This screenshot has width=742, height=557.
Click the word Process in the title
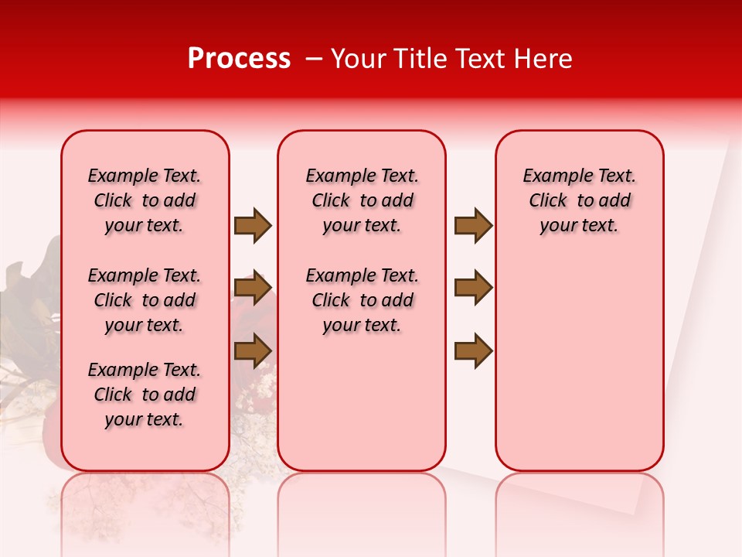(x=239, y=59)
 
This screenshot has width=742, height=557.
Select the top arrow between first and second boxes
(x=253, y=225)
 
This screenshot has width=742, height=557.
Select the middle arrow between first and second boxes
(x=253, y=288)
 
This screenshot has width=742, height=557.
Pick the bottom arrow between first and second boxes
(x=253, y=350)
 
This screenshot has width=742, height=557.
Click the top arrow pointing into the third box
(x=473, y=225)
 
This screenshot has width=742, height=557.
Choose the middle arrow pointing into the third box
(x=473, y=288)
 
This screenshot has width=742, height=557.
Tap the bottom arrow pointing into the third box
(x=473, y=350)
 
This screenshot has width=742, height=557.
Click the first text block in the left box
(x=145, y=200)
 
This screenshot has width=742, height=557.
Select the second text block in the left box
(x=145, y=300)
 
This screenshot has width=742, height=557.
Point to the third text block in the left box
(x=145, y=395)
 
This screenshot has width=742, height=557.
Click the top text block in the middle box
(x=362, y=200)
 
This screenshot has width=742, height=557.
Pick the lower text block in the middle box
(x=362, y=300)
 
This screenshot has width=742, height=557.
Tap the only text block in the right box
(x=579, y=200)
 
